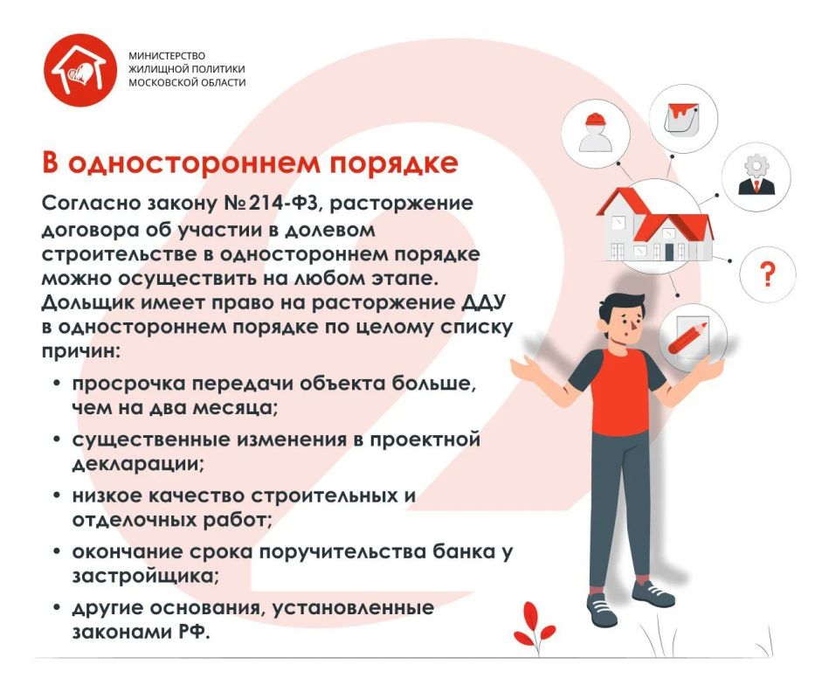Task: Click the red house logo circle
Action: point(80,70)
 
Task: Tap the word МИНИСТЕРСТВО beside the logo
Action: point(167,56)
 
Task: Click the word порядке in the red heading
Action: point(394,163)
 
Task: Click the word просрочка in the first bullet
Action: point(128,384)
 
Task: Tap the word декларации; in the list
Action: point(138,463)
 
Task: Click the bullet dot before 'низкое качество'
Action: point(58,495)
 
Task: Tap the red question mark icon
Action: point(767,274)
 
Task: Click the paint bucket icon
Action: point(682,118)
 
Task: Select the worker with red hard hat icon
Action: point(596,133)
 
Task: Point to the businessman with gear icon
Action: point(756,175)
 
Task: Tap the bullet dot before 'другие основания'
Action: point(58,607)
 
